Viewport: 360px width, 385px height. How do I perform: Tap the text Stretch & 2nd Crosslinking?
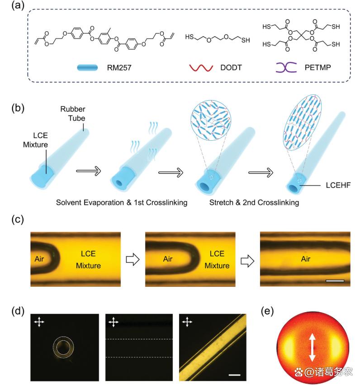click(254, 203)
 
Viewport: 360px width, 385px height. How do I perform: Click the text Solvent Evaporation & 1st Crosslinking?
click(122, 203)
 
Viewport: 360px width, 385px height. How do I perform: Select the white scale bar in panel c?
click(335, 280)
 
